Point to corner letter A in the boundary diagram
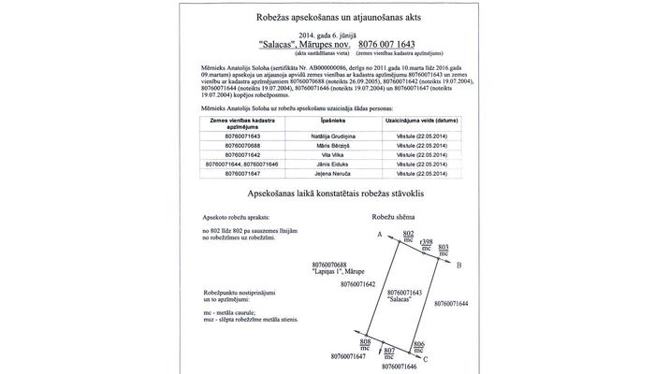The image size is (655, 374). coord(379,235)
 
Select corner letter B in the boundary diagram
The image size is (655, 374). coord(458,266)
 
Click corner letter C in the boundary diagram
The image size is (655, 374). coord(426,359)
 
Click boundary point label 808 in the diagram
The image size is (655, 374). coord(365,343)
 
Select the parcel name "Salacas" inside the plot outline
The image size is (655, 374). coord(400,299)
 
